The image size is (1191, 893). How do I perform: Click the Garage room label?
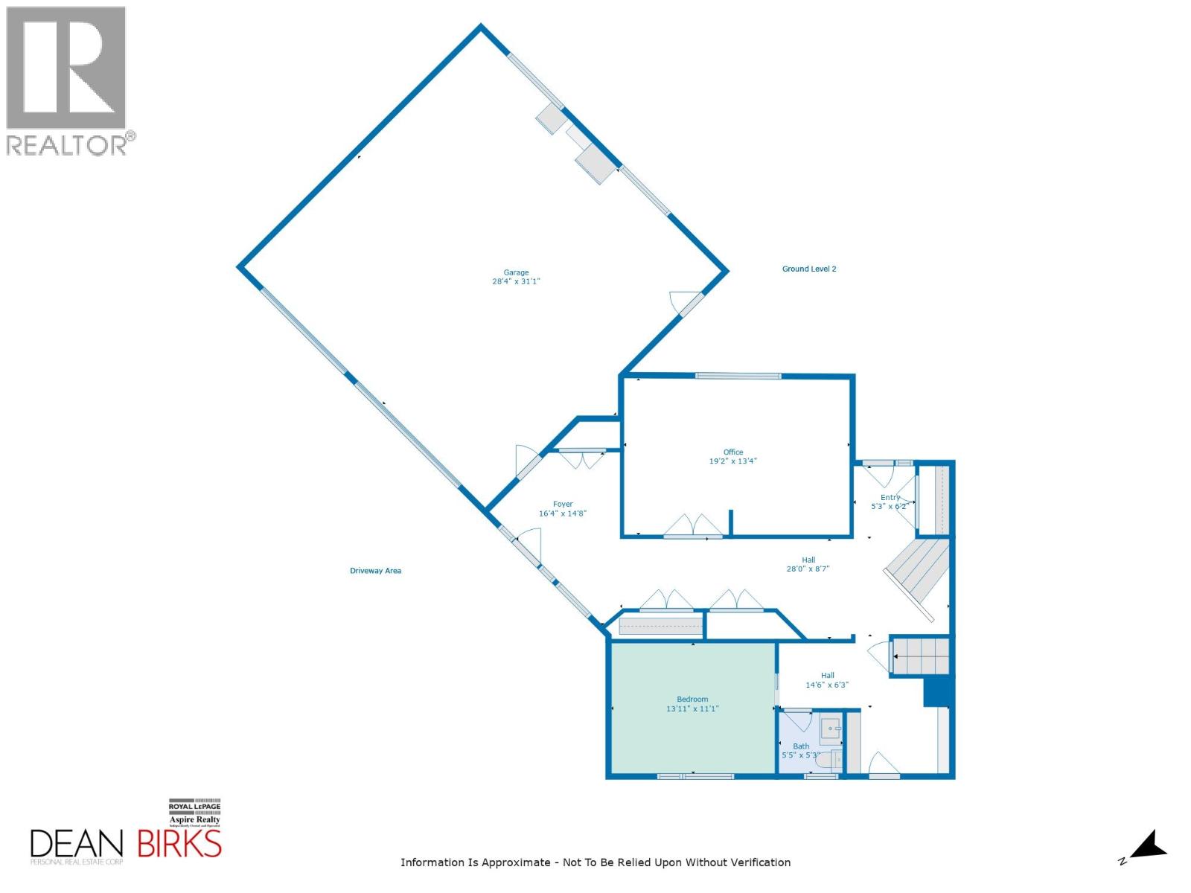(516, 272)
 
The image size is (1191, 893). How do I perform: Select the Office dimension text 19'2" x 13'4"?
(732, 461)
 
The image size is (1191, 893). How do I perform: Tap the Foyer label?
(563, 505)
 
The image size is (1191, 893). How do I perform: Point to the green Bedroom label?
(692, 700)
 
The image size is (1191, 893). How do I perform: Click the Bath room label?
(801, 746)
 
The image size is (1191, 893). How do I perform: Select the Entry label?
(890, 498)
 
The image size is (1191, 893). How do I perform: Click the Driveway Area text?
(375, 571)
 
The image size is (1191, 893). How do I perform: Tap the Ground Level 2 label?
(809, 269)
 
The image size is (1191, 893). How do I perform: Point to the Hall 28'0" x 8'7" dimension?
(808, 569)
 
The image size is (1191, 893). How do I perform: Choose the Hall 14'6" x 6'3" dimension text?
(826, 685)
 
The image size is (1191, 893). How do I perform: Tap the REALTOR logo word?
(67, 144)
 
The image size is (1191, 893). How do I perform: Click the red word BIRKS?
(179, 844)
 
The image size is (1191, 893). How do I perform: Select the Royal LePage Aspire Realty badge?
(194, 813)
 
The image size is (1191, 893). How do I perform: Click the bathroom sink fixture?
(831, 728)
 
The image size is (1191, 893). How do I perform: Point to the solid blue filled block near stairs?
(937, 692)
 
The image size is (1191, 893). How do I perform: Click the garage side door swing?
(681, 301)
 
